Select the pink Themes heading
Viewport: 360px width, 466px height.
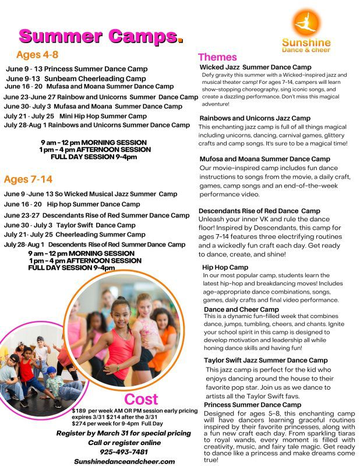tap(217, 57)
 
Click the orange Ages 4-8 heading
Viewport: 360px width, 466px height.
tap(37, 55)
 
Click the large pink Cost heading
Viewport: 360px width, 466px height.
tap(141, 400)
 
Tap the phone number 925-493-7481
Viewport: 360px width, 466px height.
tap(123, 451)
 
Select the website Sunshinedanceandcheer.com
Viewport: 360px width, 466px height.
tap(124, 461)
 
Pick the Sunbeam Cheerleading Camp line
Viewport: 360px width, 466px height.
tap(76, 79)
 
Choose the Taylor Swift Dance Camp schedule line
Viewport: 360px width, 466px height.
tap(69, 225)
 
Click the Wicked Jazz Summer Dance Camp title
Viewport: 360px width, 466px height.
tap(255, 68)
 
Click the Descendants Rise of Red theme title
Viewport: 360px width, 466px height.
tap(259, 211)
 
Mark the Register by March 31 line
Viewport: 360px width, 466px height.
tap(123, 433)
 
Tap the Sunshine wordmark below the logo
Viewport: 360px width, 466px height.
tap(306, 43)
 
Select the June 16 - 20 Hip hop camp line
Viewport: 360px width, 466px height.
tap(72, 204)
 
